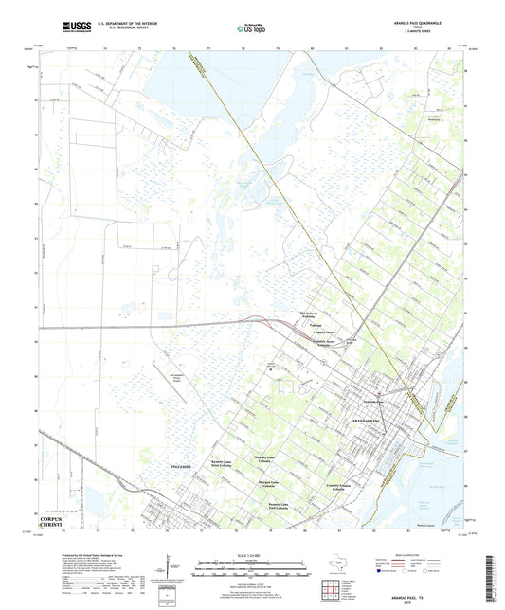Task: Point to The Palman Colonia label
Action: [x=311, y=315]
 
